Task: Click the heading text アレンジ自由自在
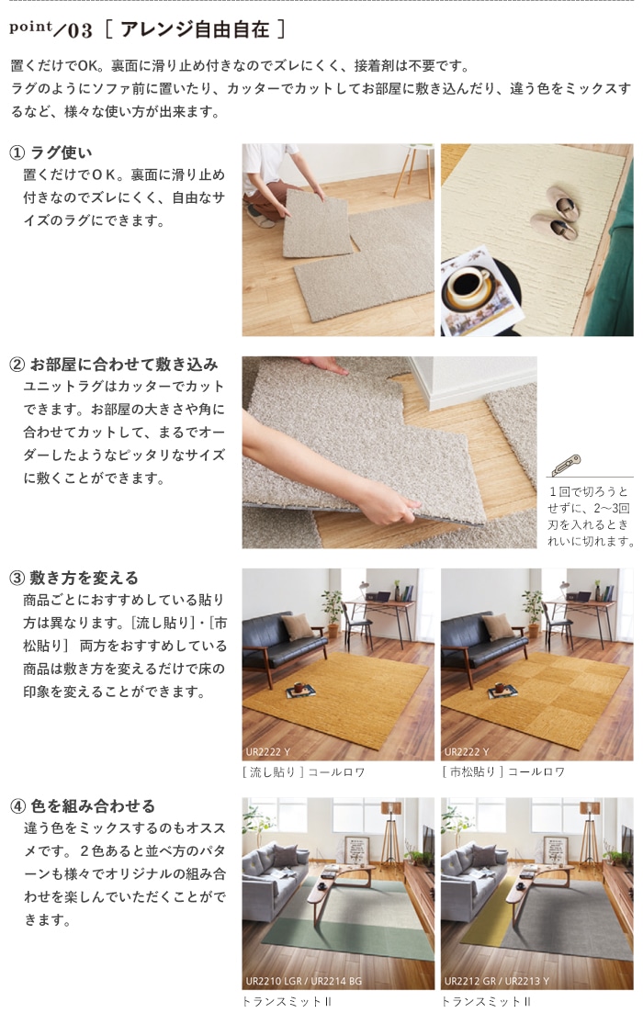click(195, 29)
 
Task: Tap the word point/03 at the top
click(51, 28)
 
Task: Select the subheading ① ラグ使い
click(51, 152)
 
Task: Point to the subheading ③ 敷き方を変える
click(73, 578)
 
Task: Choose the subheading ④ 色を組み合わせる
click(83, 805)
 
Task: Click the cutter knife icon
click(565, 465)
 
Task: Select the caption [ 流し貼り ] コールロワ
click(303, 772)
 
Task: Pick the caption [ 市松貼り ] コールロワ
click(503, 772)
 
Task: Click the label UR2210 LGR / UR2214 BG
click(304, 981)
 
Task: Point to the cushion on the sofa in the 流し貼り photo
click(298, 626)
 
